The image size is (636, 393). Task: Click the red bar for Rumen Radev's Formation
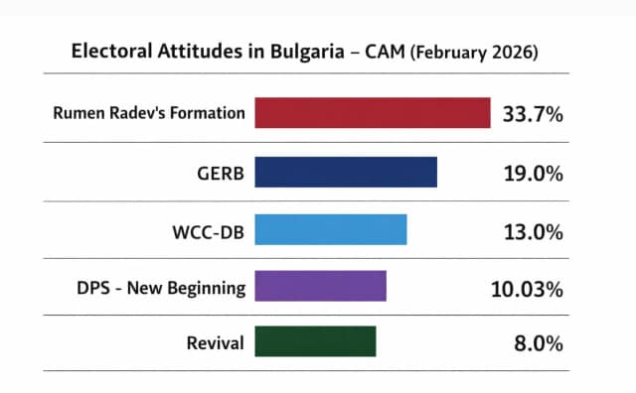(373, 113)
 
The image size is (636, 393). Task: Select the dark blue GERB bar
(346, 172)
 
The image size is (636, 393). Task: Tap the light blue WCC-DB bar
(331, 230)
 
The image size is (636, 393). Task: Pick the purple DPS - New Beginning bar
(320, 286)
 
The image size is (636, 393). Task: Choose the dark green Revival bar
(315, 341)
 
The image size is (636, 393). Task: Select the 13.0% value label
(534, 231)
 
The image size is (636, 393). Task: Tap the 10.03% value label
(528, 289)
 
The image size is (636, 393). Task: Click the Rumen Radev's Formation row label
(149, 113)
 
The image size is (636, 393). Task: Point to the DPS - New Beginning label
(160, 289)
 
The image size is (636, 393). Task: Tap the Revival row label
(215, 343)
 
